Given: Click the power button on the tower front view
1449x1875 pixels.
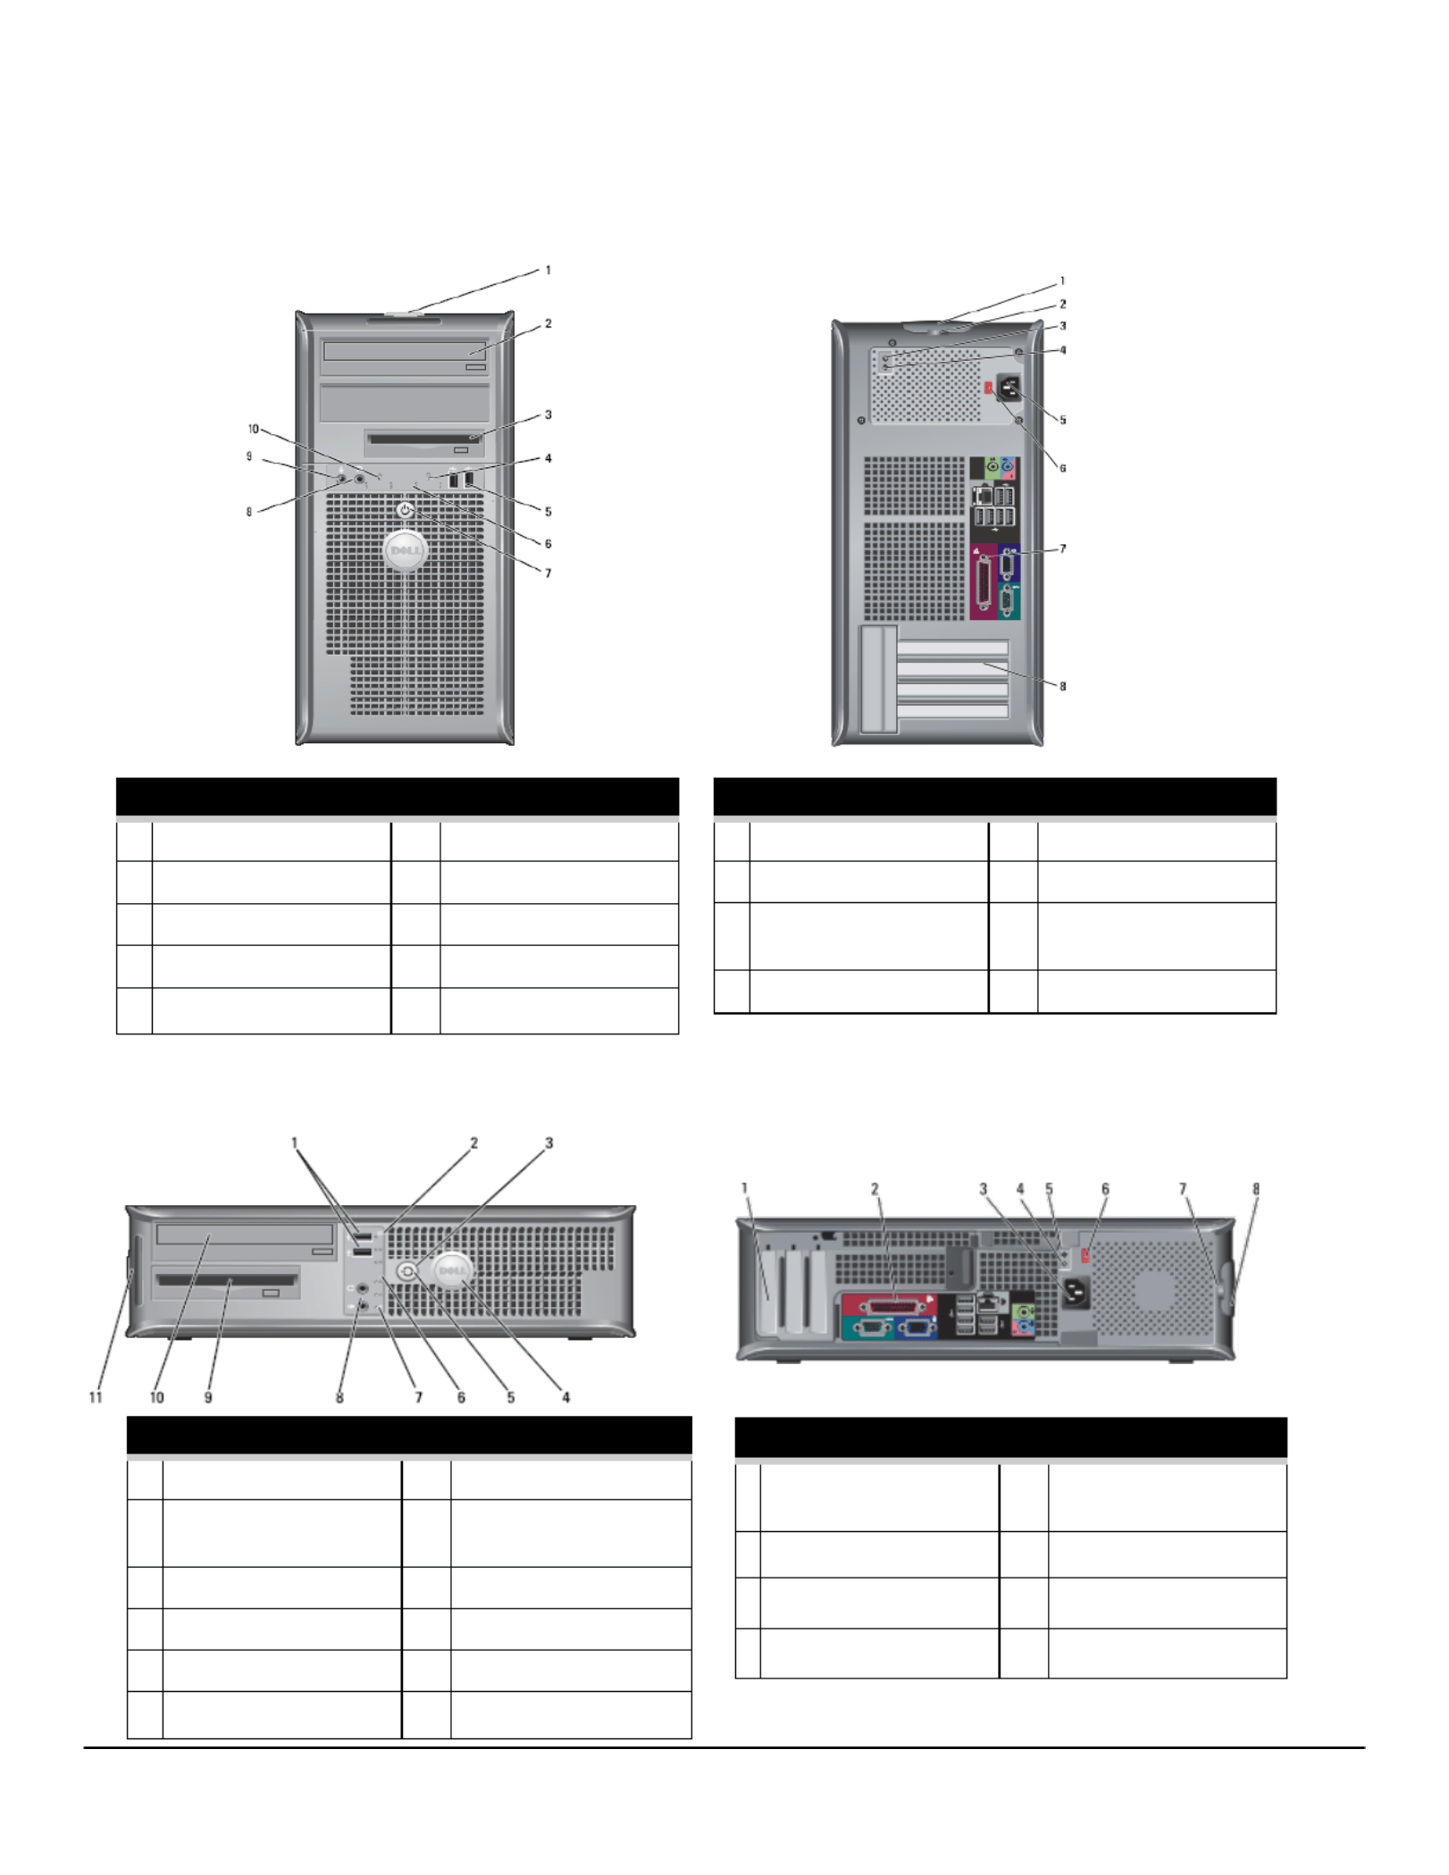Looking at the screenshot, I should tap(406, 510).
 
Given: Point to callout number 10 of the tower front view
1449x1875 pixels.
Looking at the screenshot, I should tap(253, 429).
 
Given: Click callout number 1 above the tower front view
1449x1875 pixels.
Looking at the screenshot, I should tap(548, 270).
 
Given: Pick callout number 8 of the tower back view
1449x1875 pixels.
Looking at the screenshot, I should tap(1062, 686).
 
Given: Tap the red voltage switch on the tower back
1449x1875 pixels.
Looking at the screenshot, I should tap(988, 389).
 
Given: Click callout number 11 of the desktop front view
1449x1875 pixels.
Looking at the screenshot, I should tap(96, 1398).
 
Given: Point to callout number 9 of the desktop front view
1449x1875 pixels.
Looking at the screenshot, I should tap(208, 1398).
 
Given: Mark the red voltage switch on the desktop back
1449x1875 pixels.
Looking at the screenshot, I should tap(1085, 1256).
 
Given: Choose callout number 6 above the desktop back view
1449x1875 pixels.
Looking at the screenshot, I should tap(1105, 1189).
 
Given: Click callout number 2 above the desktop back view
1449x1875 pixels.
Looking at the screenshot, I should tap(875, 1189).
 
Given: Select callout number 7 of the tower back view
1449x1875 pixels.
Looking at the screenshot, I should tap(1062, 549).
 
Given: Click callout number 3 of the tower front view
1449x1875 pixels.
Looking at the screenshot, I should tap(548, 414).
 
